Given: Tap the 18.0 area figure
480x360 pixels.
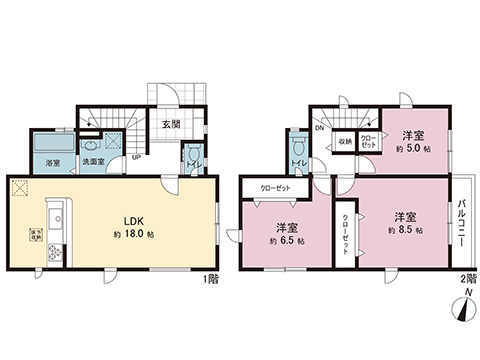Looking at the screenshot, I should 135,235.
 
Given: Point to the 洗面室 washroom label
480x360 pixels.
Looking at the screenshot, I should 94,161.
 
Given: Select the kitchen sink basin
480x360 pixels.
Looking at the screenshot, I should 55,214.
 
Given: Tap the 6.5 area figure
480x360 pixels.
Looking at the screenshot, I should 287,241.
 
